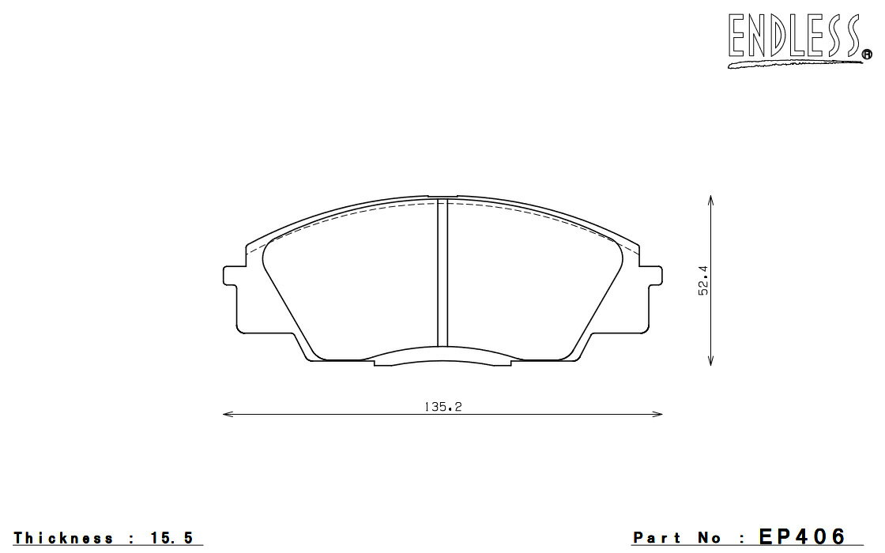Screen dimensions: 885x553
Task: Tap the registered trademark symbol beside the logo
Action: click(866, 55)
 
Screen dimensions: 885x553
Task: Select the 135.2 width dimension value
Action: click(443, 406)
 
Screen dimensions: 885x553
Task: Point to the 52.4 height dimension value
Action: click(703, 281)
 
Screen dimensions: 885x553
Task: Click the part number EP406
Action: click(803, 536)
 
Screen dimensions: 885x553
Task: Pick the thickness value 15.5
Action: click(172, 538)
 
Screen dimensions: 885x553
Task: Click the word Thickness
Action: click(63, 538)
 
